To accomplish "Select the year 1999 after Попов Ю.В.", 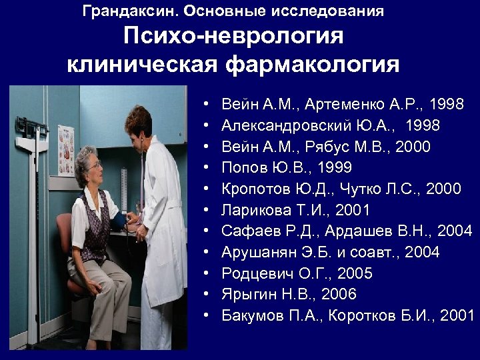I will tap(335, 167).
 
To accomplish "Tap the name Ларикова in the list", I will tap(252, 210).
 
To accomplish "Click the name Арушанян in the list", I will tap(254, 252).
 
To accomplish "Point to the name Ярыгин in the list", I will tap(245, 294).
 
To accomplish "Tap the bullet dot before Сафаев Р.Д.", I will tap(209, 231).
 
